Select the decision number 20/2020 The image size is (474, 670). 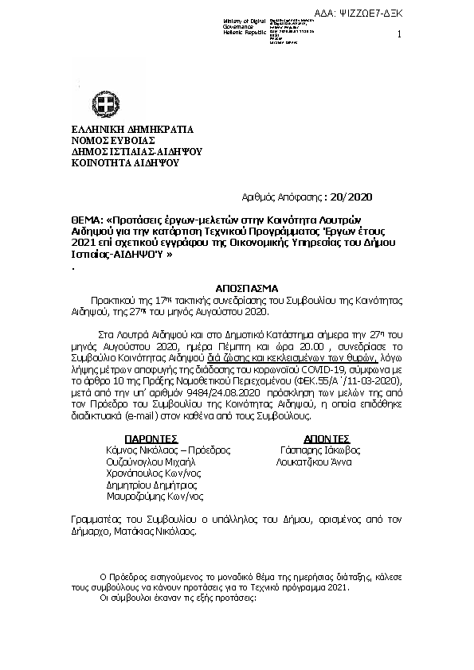point(349,197)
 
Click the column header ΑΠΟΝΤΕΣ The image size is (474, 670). point(327,438)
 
